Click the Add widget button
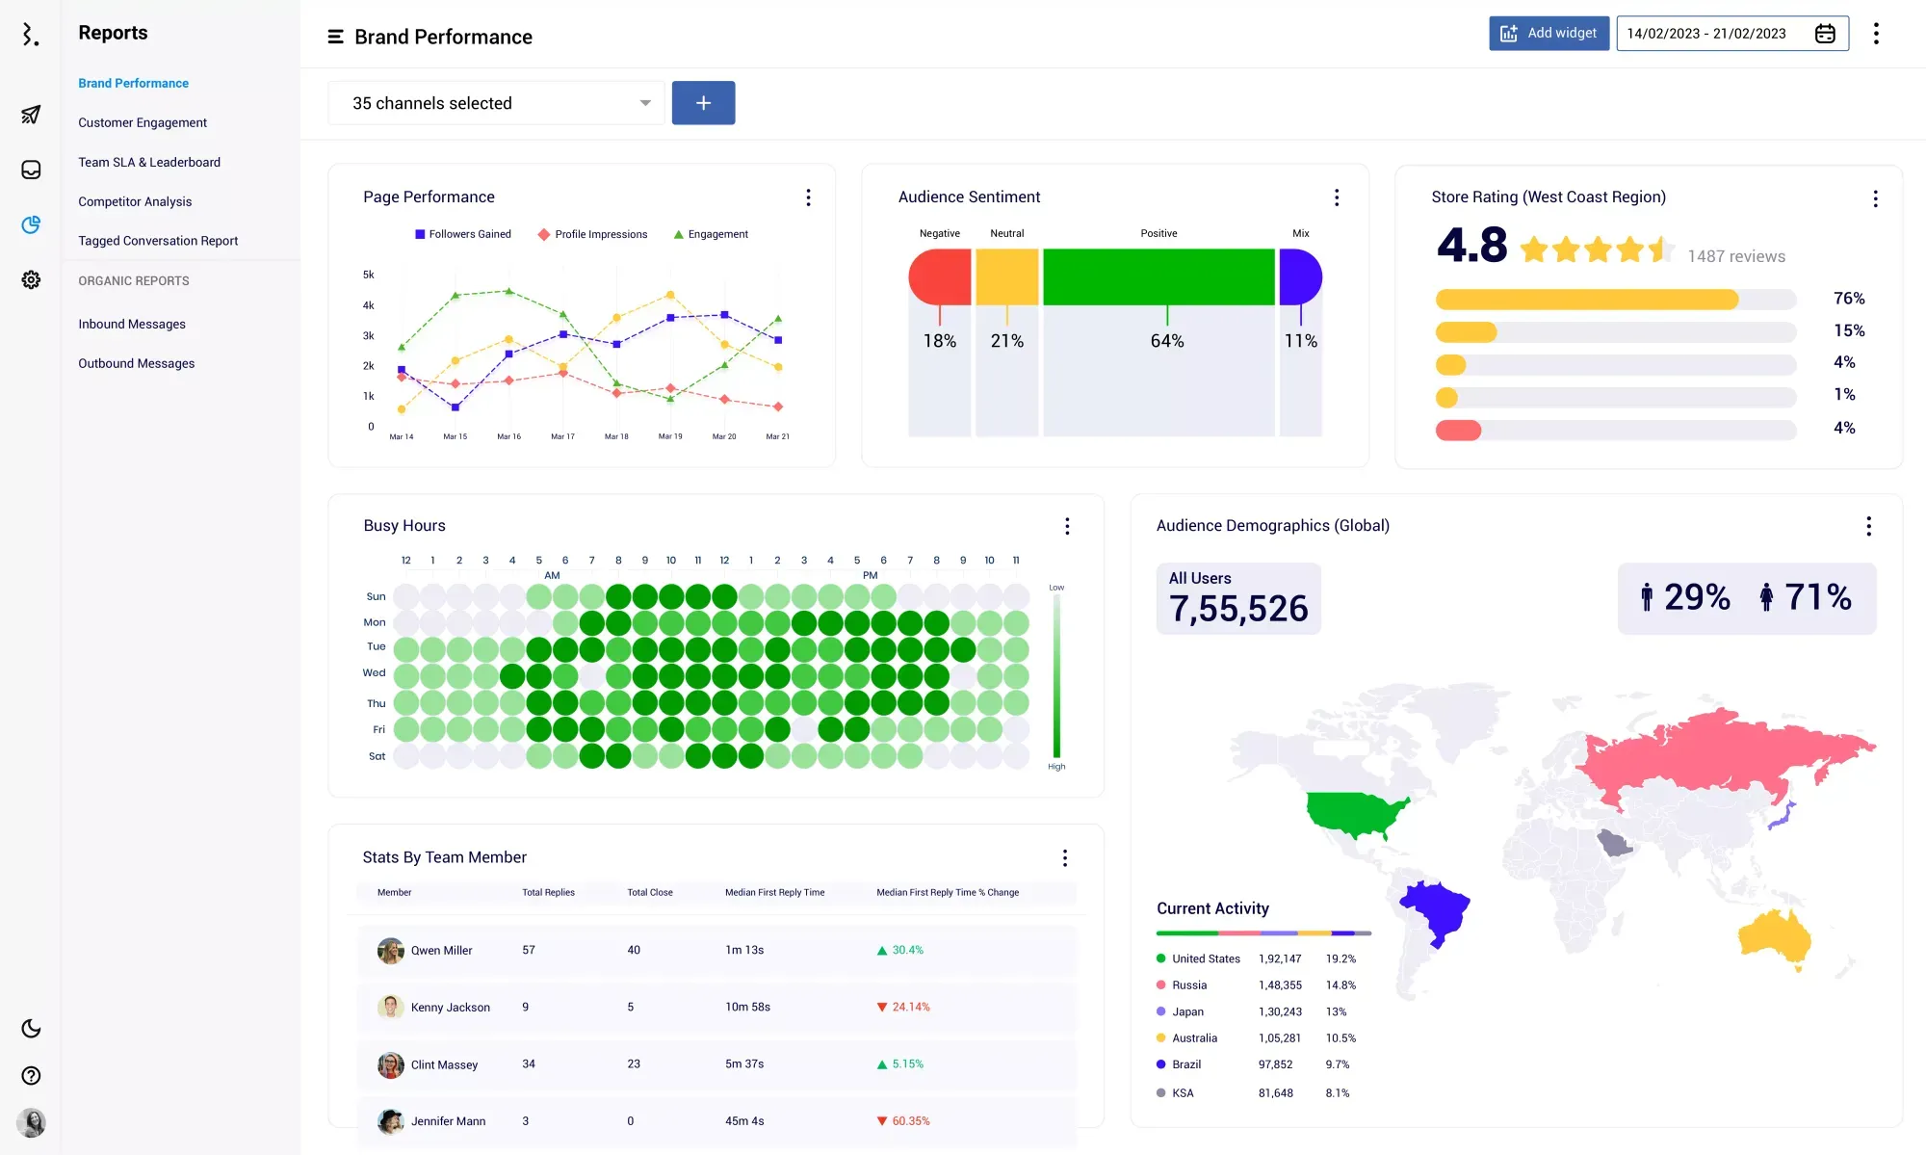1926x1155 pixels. (1549, 34)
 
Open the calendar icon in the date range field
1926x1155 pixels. (1825, 34)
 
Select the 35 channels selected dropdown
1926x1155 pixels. (496, 103)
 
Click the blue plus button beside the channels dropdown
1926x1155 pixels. (703, 103)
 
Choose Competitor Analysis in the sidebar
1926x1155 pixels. (135, 201)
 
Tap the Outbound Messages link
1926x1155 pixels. (137, 363)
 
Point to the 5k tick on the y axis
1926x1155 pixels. (369, 275)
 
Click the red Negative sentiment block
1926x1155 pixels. (940, 276)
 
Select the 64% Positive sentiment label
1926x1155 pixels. (1167, 341)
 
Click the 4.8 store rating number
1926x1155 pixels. (1471, 246)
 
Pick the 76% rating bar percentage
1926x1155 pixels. (1849, 299)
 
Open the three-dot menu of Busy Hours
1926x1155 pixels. (1067, 526)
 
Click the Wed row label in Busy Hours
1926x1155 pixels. (375, 673)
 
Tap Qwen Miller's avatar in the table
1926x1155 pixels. (390, 951)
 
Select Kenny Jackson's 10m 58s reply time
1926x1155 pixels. (747, 1008)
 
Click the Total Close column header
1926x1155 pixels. (650, 893)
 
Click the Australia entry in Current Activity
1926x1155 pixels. (1194, 1038)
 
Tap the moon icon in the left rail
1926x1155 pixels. (31, 1029)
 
